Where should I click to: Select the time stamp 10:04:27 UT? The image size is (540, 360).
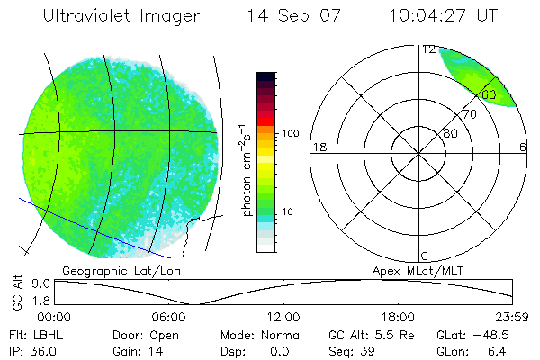point(444,15)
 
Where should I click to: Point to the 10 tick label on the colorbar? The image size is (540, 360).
point(290,211)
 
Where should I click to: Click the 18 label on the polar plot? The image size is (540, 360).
point(318,147)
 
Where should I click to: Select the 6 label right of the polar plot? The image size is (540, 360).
point(523,147)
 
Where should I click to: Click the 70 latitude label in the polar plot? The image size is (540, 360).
point(469,115)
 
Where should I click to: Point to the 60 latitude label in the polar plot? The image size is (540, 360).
point(489,94)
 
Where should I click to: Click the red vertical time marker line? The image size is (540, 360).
point(246,292)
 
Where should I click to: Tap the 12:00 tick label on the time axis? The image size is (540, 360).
point(283,317)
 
